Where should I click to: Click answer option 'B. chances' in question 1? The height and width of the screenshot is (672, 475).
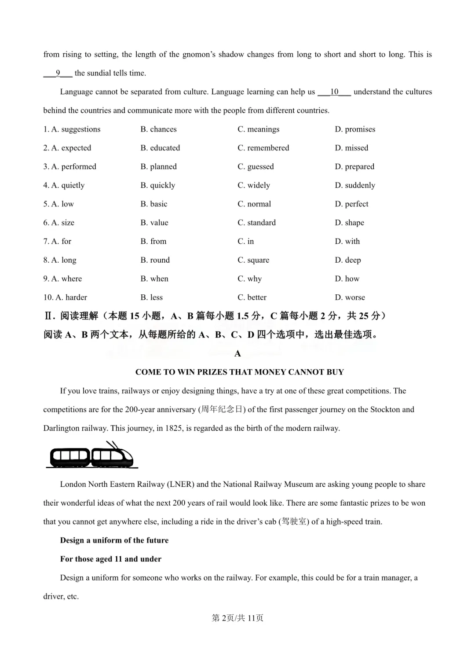click(158, 129)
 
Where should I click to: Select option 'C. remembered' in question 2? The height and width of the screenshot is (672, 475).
click(263, 148)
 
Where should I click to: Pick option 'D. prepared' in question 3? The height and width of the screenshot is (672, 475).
click(354, 167)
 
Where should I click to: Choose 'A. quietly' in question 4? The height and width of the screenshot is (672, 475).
click(64, 185)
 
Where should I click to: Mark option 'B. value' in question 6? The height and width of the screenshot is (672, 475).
click(154, 223)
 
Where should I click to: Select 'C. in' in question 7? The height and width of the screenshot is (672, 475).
click(245, 242)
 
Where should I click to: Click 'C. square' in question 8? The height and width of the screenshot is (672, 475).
click(253, 260)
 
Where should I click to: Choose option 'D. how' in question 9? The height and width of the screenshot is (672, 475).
click(347, 279)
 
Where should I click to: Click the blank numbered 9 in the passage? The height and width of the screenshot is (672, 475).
click(58, 73)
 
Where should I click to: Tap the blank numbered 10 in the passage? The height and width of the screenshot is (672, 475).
click(334, 92)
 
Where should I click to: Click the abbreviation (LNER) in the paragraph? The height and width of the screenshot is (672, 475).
click(180, 485)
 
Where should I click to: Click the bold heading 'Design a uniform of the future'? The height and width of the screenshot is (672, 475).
click(114, 540)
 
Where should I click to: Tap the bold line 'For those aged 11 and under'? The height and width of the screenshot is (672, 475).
click(111, 559)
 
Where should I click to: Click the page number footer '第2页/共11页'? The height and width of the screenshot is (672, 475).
click(237, 618)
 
